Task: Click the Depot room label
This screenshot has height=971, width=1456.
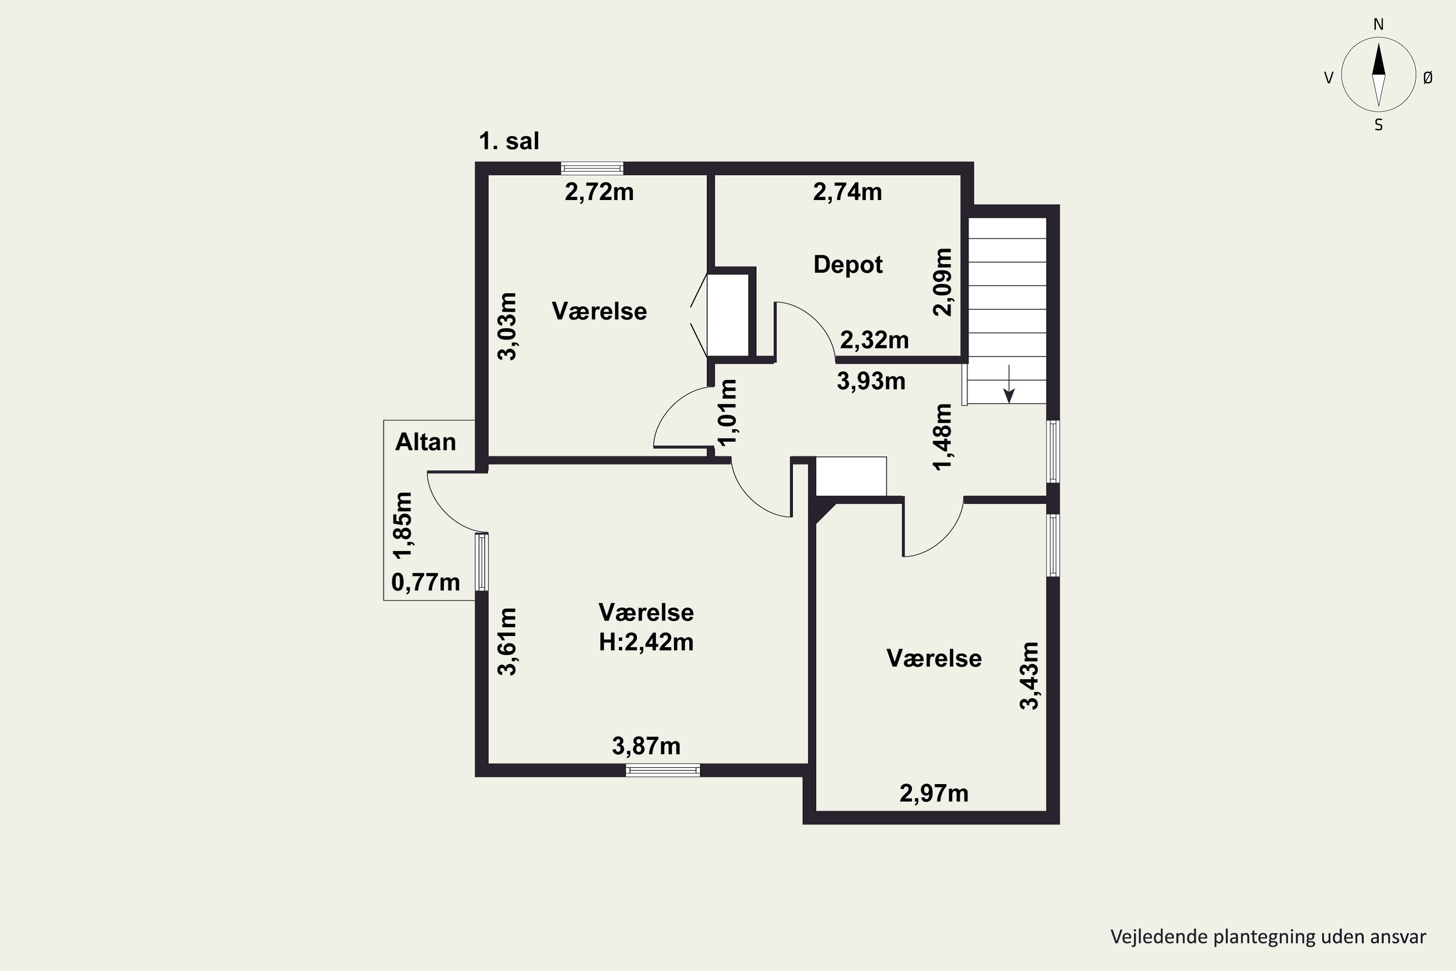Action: pyautogui.click(x=847, y=265)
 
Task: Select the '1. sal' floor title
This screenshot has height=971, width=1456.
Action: pyautogui.click(x=509, y=141)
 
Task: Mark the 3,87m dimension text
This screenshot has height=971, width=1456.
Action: pyautogui.click(x=646, y=746)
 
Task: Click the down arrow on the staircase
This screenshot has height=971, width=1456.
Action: pyautogui.click(x=1009, y=384)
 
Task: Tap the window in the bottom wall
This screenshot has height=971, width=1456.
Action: pyautogui.click(x=662, y=770)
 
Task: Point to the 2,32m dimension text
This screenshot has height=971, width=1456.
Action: pyautogui.click(x=874, y=340)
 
